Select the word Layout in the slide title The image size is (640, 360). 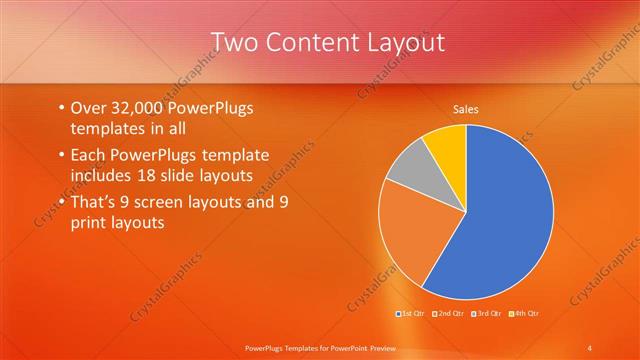398,42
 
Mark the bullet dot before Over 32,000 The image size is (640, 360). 61,107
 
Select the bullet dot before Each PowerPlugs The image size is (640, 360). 61,155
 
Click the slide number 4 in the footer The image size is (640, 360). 590,347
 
